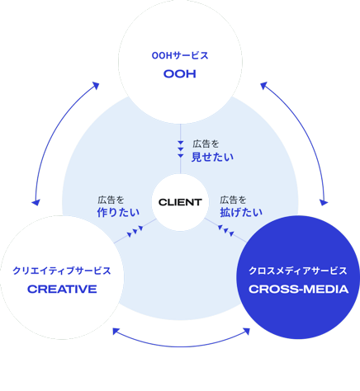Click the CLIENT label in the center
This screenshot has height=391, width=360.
pos(180,202)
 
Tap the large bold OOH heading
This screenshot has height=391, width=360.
pos(180,73)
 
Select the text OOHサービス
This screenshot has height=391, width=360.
pos(180,55)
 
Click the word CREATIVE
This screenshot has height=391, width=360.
pos(62,289)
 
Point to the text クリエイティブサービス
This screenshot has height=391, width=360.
pos(62,271)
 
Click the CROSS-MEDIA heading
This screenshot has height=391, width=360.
pos(299,289)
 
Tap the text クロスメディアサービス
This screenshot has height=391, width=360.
pos(298,271)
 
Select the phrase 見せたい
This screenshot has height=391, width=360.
pos(212,157)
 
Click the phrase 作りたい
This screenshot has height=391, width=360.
pos(118,213)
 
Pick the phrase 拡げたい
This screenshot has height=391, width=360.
pos(241,213)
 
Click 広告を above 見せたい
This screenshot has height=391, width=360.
pos(206,144)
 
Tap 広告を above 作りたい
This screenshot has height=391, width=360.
pos(111,200)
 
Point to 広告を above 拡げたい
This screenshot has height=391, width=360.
pos(233,200)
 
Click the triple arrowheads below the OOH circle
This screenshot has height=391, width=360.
pos(181,149)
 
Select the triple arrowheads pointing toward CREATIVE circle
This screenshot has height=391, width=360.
pos(135,231)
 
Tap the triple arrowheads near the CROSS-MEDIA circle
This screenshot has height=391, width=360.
pos(226,231)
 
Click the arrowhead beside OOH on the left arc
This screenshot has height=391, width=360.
pos(96,86)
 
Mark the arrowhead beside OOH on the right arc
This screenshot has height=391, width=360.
pos(264,86)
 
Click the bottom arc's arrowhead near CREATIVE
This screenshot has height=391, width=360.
pos(116,332)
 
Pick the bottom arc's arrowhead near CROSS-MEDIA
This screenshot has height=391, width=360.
pos(246,332)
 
